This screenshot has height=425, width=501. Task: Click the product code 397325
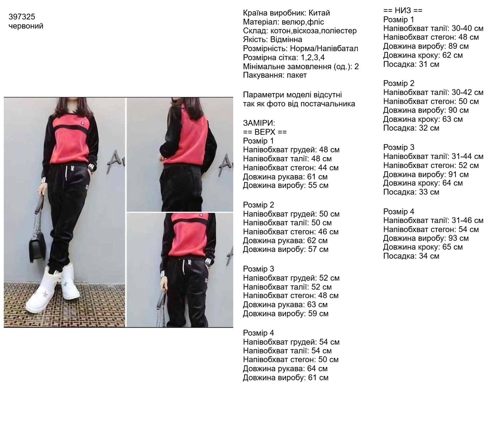22,17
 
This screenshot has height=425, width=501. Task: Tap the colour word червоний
26,26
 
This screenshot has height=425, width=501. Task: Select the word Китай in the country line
319,13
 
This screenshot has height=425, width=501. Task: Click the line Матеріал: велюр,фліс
283,22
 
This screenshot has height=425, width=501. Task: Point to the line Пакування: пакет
275,75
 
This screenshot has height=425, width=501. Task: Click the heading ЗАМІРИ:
259,123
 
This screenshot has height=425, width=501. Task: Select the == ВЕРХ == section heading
265,132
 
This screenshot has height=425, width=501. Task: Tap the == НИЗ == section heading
403,11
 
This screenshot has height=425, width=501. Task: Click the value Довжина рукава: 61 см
285,177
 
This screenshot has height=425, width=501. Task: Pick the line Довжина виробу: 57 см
285,249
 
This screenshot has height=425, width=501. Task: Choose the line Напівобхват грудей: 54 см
291,342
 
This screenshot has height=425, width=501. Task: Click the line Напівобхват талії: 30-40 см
433,29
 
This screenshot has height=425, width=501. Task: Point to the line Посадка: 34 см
411,256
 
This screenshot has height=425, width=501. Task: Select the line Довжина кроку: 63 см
423,119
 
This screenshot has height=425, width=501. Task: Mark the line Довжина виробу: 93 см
426,238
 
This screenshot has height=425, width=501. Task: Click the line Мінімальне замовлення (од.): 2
301,66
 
